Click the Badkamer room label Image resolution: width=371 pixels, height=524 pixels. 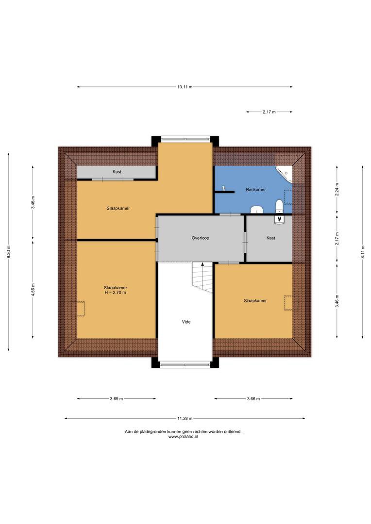point(255,190)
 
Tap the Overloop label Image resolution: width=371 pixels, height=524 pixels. point(201,238)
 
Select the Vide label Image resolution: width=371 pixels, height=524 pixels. point(186,322)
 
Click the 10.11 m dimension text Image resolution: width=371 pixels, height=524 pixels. point(185,87)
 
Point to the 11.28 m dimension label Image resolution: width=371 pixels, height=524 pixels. point(185,418)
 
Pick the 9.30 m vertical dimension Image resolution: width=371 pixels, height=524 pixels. point(8,252)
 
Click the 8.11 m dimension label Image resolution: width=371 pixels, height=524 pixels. point(363,252)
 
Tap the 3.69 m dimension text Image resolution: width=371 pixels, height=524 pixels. point(117,399)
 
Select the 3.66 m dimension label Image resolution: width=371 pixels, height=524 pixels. point(253,399)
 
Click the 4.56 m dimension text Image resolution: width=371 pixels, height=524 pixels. point(33,289)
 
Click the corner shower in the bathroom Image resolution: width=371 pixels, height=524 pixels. point(285,174)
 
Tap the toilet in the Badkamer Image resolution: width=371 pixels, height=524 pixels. point(279,206)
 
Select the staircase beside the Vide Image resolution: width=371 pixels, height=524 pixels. point(202,277)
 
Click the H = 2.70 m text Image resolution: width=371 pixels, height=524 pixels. point(115,293)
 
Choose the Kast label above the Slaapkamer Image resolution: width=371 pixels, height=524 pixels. point(117,172)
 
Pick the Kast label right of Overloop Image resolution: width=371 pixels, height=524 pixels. point(270,238)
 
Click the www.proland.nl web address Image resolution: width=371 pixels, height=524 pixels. point(183,437)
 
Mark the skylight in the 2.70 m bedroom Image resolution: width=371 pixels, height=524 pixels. point(81,309)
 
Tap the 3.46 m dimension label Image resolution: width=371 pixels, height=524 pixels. point(337,301)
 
